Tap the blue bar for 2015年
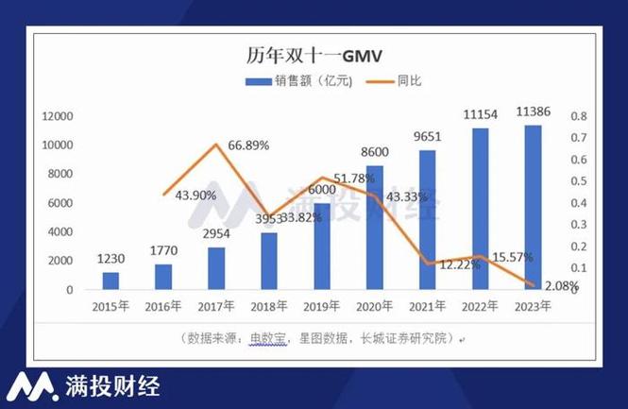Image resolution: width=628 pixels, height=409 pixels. click(110, 281)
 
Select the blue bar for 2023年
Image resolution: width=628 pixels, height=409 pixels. click(533, 207)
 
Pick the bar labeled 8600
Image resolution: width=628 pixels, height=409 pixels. click(374, 227)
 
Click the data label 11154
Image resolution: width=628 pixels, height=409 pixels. click(480, 112)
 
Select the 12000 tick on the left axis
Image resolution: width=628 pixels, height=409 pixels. click(56, 116)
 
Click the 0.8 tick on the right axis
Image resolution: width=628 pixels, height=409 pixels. click(578, 116)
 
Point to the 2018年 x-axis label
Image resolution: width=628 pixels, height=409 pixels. click(268, 306)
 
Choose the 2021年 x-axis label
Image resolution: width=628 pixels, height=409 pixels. click(427, 306)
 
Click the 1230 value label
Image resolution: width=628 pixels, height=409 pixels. click(111, 259)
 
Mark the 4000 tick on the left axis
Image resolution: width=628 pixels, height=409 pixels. click(59, 231)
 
